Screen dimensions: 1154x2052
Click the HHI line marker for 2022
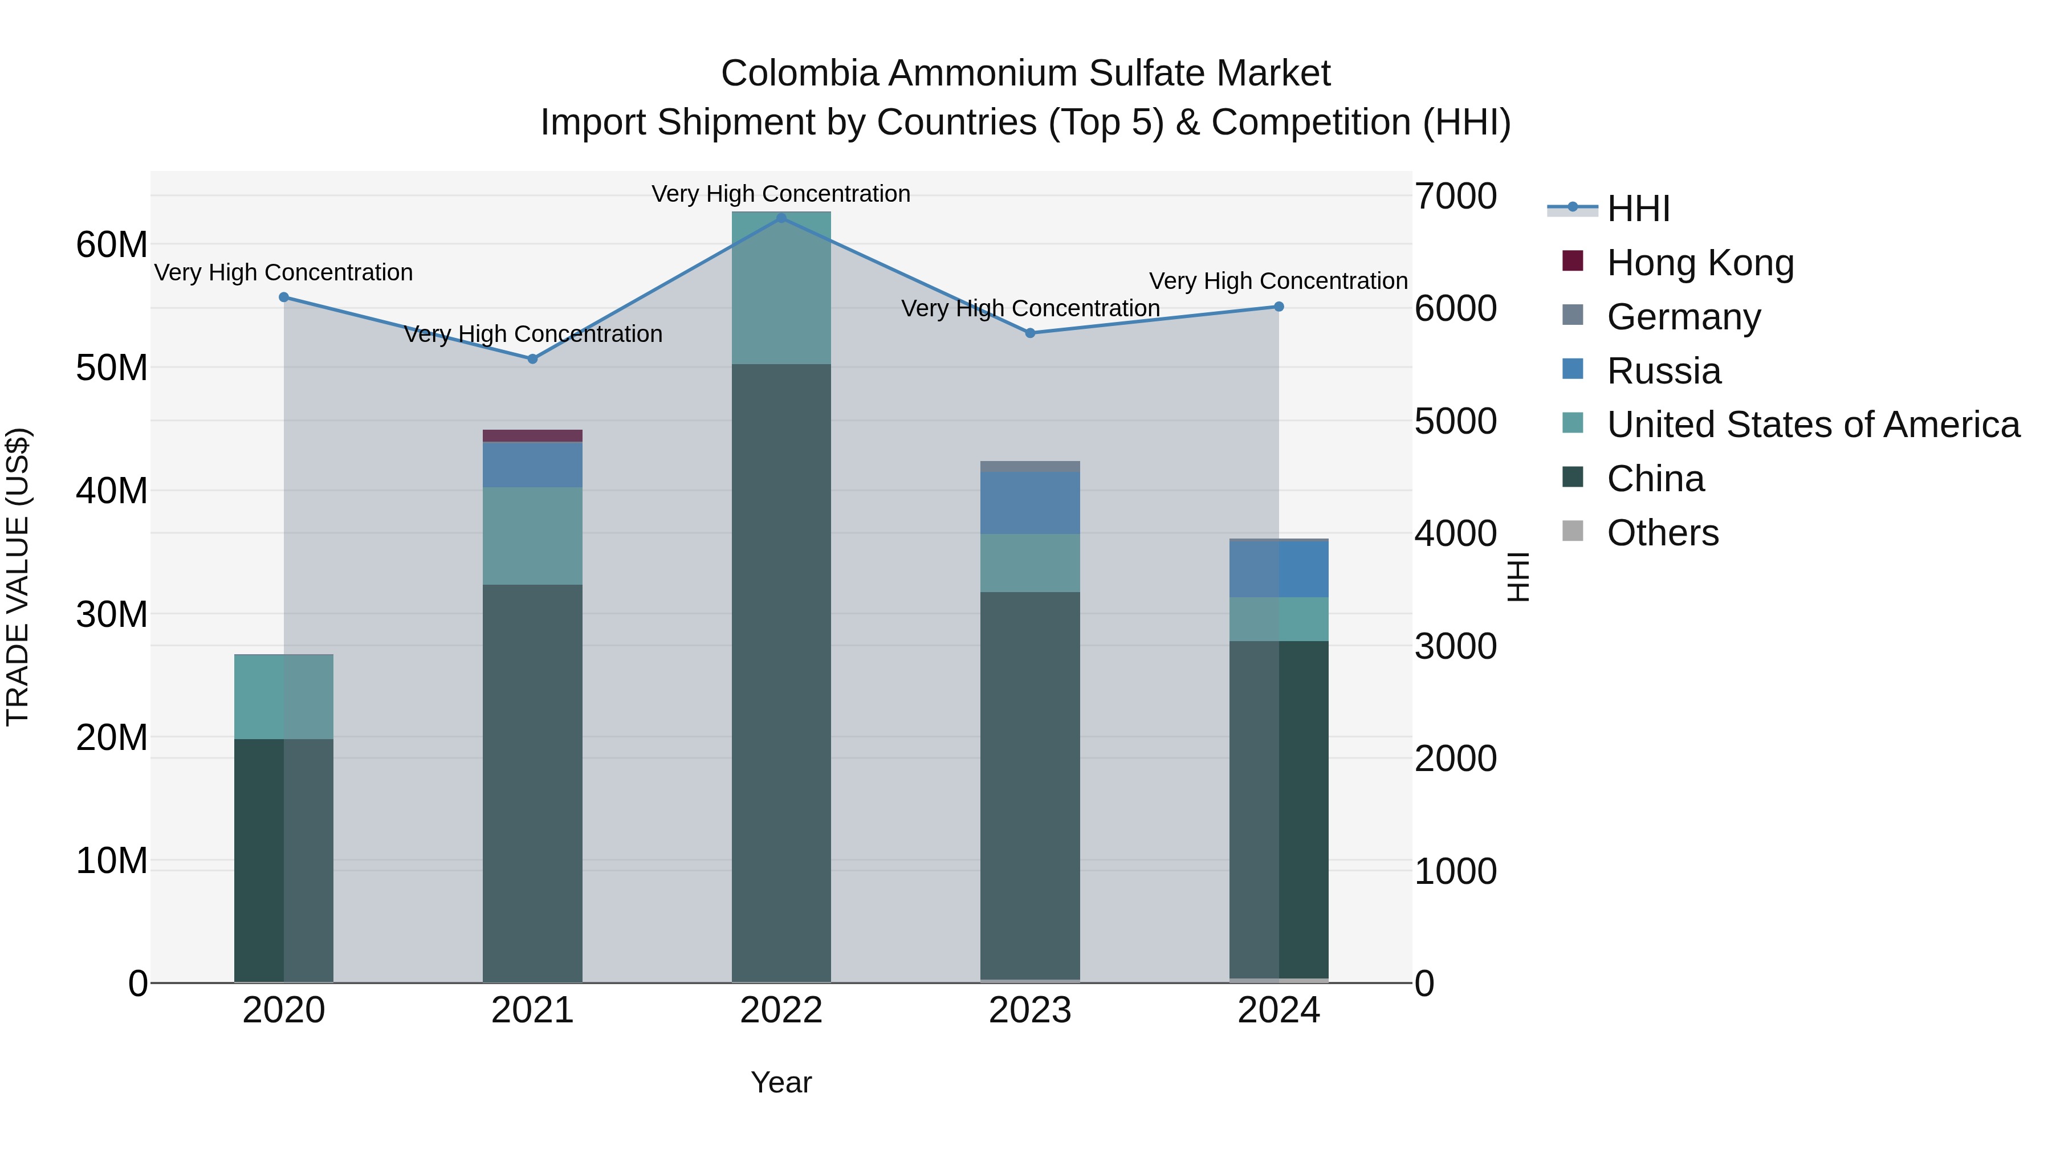coord(781,218)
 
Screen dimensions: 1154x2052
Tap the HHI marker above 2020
coord(284,297)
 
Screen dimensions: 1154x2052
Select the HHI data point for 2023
coord(1030,333)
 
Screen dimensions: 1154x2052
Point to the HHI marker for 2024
coord(1279,307)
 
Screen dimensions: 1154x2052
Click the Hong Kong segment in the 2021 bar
coord(532,435)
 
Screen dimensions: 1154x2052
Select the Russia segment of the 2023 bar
coord(1030,503)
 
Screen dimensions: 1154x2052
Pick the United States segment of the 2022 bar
coord(781,288)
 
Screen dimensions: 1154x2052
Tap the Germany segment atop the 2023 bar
coord(1030,466)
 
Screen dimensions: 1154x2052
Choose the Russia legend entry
coord(1663,371)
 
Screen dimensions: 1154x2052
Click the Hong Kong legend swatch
coord(1573,261)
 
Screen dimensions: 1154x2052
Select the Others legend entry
coord(1663,533)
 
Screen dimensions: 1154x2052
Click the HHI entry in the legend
coord(1638,209)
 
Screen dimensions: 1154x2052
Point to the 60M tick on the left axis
coord(112,244)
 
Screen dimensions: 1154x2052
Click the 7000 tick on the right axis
coord(1455,196)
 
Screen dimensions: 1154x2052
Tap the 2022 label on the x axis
coord(781,1010)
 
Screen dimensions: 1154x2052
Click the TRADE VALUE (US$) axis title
coord(18,577)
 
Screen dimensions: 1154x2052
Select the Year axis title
coord(781,1082)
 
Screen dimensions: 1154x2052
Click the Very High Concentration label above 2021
coord(532,334)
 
